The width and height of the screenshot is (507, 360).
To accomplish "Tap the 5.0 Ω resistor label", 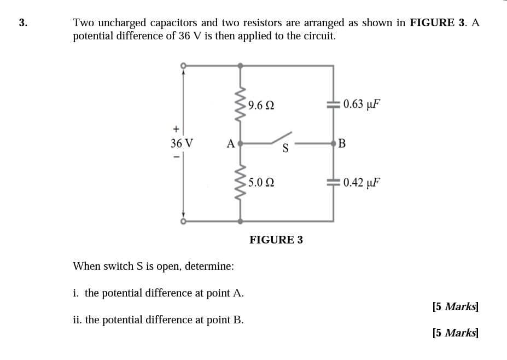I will (260, 183).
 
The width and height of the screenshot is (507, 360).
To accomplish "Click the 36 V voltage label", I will (182, 143).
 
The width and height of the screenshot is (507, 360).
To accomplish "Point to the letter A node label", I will (231, 144).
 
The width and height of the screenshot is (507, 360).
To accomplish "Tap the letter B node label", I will (342, 144).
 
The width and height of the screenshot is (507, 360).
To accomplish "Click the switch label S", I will (285, 148).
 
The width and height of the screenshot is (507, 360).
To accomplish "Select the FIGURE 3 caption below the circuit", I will (276, 240).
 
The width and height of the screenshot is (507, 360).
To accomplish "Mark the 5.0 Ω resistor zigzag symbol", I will (240, 183).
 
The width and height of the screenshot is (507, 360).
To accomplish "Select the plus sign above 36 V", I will (176, 130).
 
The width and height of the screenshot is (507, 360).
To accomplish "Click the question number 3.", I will (22, 23).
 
